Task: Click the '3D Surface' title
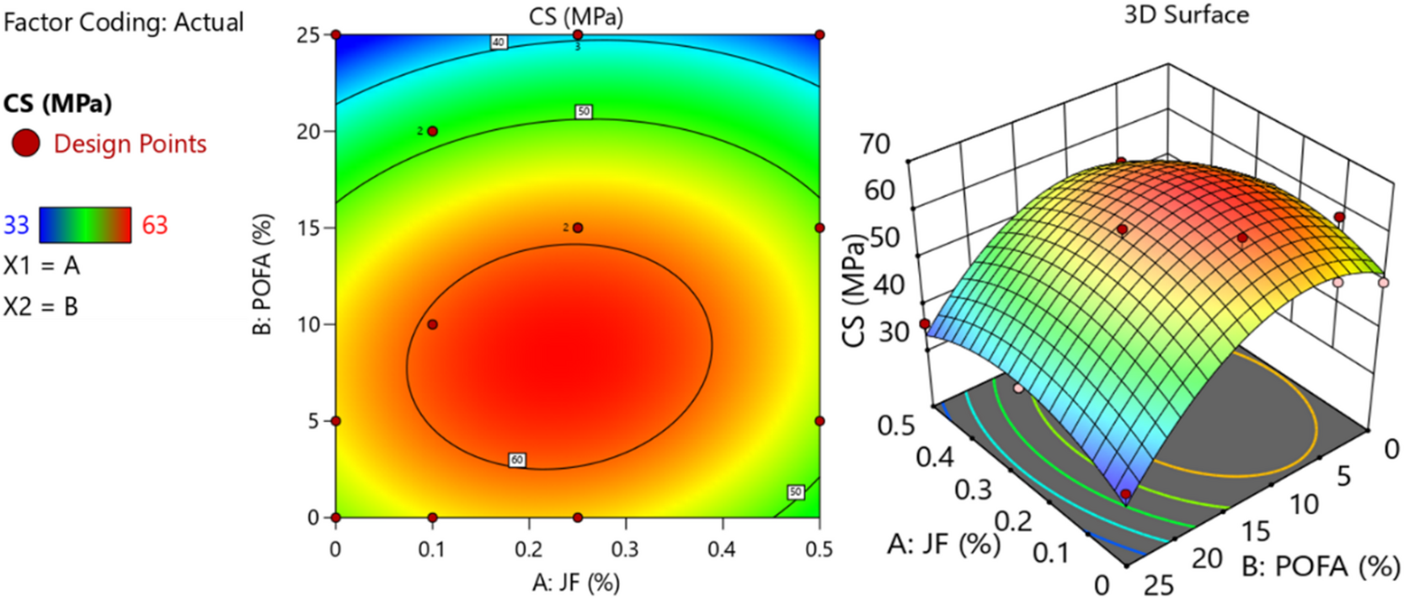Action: (1186, 15)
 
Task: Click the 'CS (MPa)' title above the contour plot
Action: (576, 16)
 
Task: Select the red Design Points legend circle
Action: (25, 143)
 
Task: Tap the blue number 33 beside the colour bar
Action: (17, 225)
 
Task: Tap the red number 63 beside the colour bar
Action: (154, 225)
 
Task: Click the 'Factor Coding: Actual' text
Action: (123, 22)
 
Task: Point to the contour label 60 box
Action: (517, 460)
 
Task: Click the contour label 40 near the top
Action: (499, 42)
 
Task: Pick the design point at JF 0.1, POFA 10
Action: (432, 324)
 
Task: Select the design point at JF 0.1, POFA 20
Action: (432, 131)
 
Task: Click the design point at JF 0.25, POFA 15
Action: (578, 227)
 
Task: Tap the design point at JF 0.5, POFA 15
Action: (819, 227)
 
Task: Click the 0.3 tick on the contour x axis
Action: (625, 549)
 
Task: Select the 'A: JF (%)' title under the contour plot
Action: (576, 582)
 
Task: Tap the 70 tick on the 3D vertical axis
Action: (875, 144)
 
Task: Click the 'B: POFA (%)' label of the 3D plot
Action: (1321, 567)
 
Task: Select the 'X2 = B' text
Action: (41, 307)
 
